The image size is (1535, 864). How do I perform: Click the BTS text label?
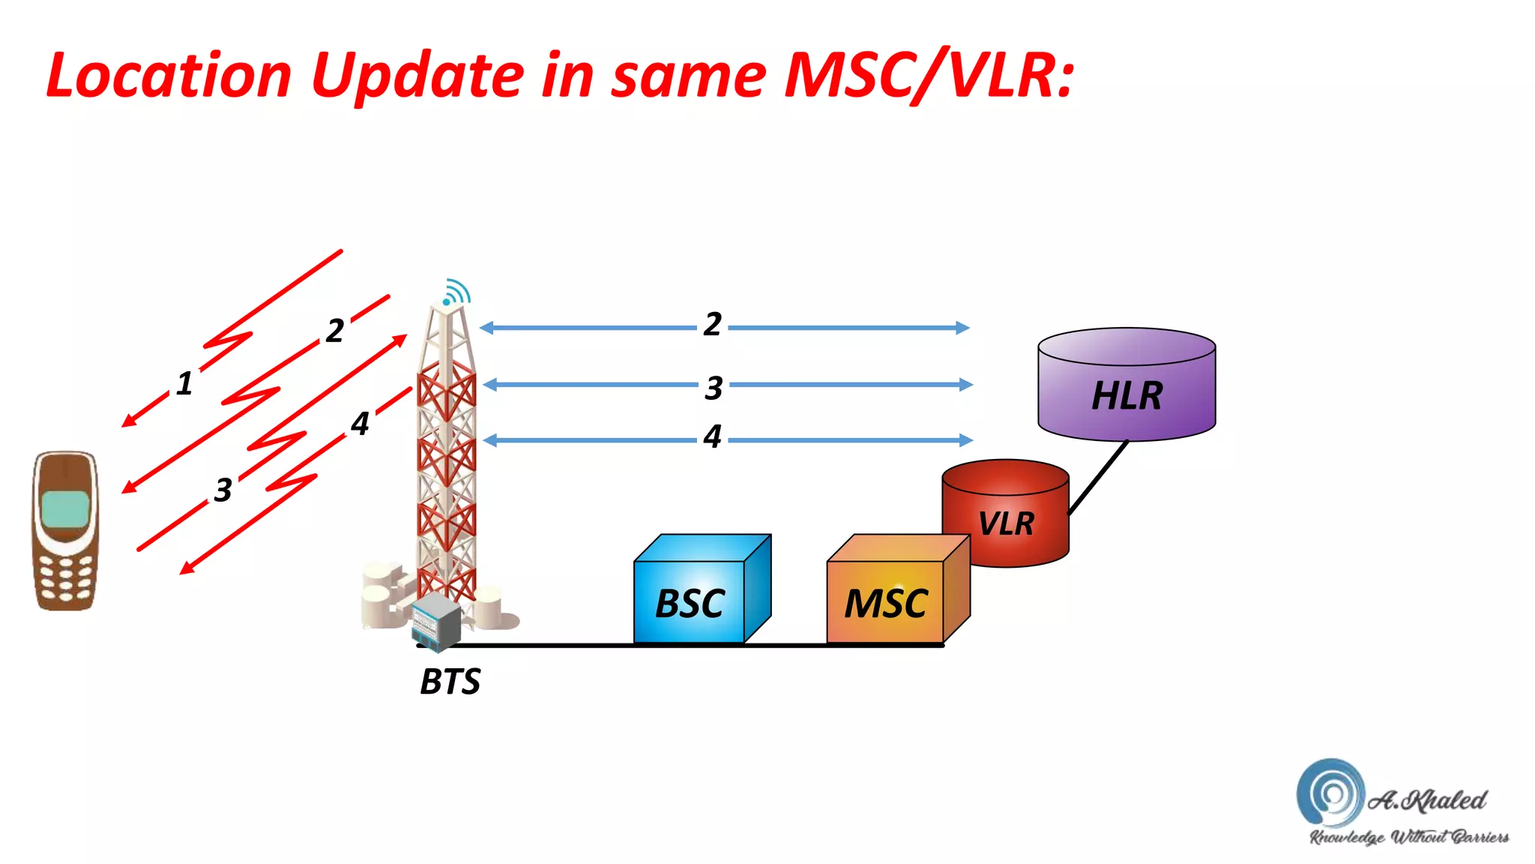coord(450,681)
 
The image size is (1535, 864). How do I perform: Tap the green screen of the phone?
coord(66,510)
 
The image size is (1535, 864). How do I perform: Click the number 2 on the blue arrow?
coord(712,325)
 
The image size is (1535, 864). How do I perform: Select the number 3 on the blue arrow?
coord(714,388)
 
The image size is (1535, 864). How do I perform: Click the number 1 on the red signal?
coord(184,383)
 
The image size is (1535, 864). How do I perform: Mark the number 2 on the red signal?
coord(335,331)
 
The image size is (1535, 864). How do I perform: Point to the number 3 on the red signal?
coord(223,490)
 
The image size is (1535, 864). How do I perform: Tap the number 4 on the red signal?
coord(360,424)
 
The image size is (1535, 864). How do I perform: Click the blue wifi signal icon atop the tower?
coord(456,292)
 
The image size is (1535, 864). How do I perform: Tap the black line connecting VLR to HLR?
coord(1098,478)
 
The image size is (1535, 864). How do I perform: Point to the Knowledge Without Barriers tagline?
coord(1409,837)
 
